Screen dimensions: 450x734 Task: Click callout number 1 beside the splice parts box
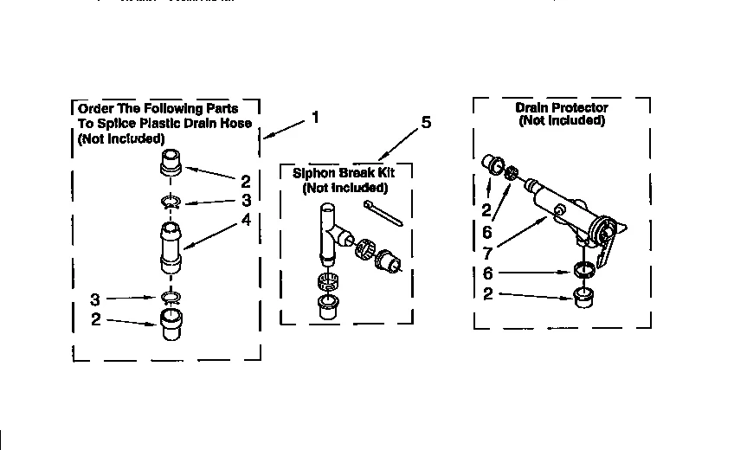pyautogui.click(x=315, y=116)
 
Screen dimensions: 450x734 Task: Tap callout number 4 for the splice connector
pyautogui.click(x=246, y=220)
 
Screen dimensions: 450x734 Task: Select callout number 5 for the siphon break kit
pyautogui.click(x=426, y=123)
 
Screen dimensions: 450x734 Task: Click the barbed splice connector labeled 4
pyautogui.click(x=171, y=246)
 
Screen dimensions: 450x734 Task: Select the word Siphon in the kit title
pyautogui.click(x=309, y=173)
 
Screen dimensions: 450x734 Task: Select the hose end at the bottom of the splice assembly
pyautogui.click(x=171, y=329)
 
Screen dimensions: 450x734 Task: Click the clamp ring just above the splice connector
pyautogui.click(x=171, y=203)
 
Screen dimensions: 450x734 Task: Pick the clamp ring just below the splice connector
pyautogui.click(x=171, y=299)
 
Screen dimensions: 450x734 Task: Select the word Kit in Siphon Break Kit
pyautogui.click(x=395, y=173)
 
